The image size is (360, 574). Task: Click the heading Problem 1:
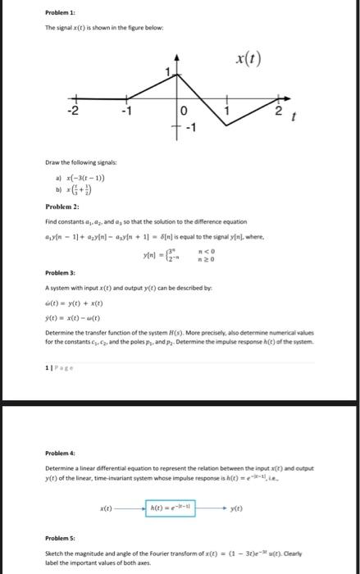tap(60, 14)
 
